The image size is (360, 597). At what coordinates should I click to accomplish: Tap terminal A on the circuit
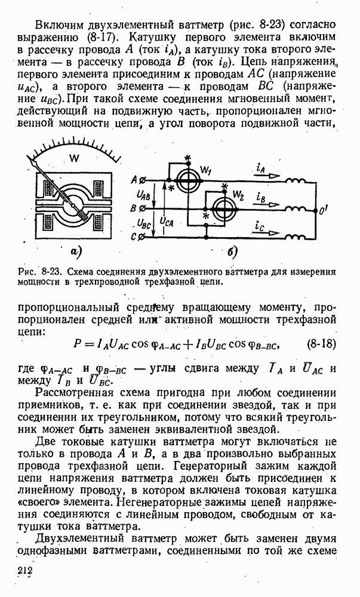click(141, 180)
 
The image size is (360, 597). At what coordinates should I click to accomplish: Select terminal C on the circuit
click(141, 237)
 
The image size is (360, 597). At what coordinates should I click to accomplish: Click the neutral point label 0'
click(325, 210)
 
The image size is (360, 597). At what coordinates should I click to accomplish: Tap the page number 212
click(25, 572)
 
